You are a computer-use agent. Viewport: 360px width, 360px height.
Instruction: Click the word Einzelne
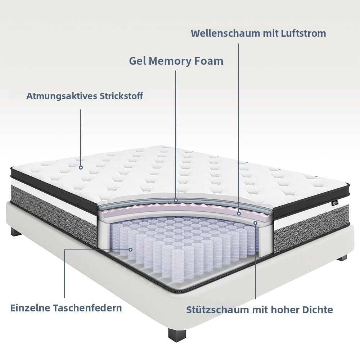pos(30,308)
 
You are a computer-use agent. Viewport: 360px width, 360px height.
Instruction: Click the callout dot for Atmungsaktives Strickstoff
pos(81,167)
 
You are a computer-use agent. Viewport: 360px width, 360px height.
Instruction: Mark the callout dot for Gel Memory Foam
pos(176,200)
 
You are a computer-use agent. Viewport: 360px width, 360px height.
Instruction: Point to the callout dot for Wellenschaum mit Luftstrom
pos(239,213)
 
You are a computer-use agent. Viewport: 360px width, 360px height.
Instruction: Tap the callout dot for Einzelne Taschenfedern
pos(130,249)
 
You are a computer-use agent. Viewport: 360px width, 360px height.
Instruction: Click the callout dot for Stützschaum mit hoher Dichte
pos(256,223)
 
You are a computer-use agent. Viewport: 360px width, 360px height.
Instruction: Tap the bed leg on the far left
pos(15,231)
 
